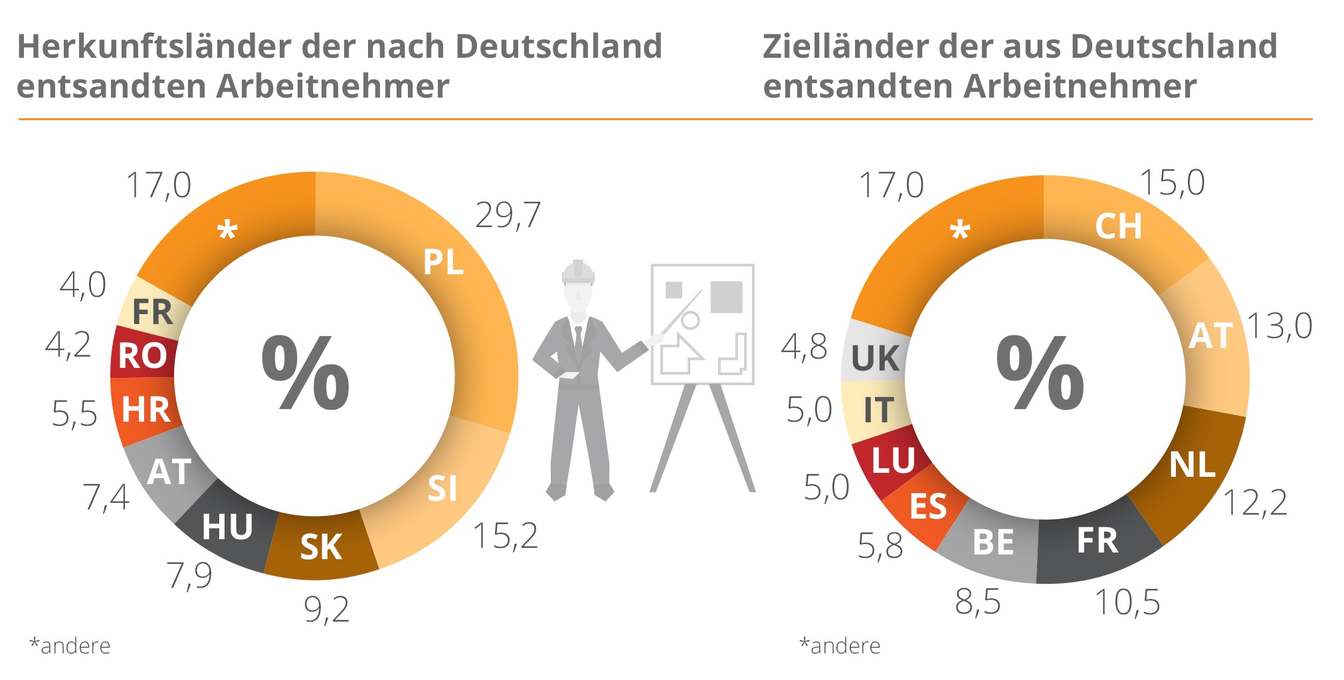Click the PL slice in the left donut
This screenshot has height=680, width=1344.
(x=444, y=263)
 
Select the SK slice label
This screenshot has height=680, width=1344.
(x=321, y=547)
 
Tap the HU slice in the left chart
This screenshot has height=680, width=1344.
(x=227, y=527)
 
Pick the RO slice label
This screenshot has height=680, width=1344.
(x=142, y=356)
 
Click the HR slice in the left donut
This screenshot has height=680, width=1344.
(x=146, y=410)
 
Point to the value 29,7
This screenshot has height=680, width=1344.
(x=508, y=216)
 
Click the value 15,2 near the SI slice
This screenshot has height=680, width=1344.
(x=505, y=536)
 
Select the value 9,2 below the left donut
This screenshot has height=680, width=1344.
(x=326, y=609)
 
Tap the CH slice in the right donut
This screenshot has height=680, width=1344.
(x=1119, y=227)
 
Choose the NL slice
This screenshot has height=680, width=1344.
(x=1192, y=465)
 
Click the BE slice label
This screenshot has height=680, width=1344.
(x=993, y=543)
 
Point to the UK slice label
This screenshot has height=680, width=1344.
(x=876, y=359)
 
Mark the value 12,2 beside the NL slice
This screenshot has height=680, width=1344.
(x=1254, y=503)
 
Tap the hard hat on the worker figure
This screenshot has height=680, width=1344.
(x=578, y=272)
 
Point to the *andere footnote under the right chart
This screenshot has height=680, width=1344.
(x=840, y=645)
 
